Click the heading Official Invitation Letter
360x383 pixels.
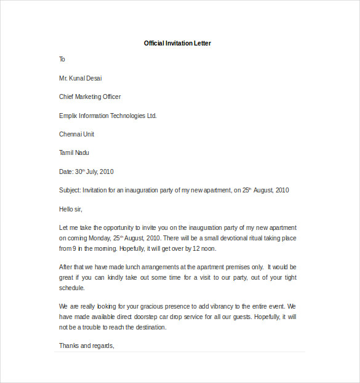tap(177, 43)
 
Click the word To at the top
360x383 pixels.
tap(62, 60)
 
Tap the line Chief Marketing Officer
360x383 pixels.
tap(90, 97)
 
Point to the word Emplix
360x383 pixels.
tap(68, 116)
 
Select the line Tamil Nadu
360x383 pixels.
tap(74, 152)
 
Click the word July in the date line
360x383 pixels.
tap(91, 172)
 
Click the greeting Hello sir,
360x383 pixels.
tap(70, 210)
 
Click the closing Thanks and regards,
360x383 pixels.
tap(87, 345)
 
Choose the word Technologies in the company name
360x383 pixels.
tap(124, 116)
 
